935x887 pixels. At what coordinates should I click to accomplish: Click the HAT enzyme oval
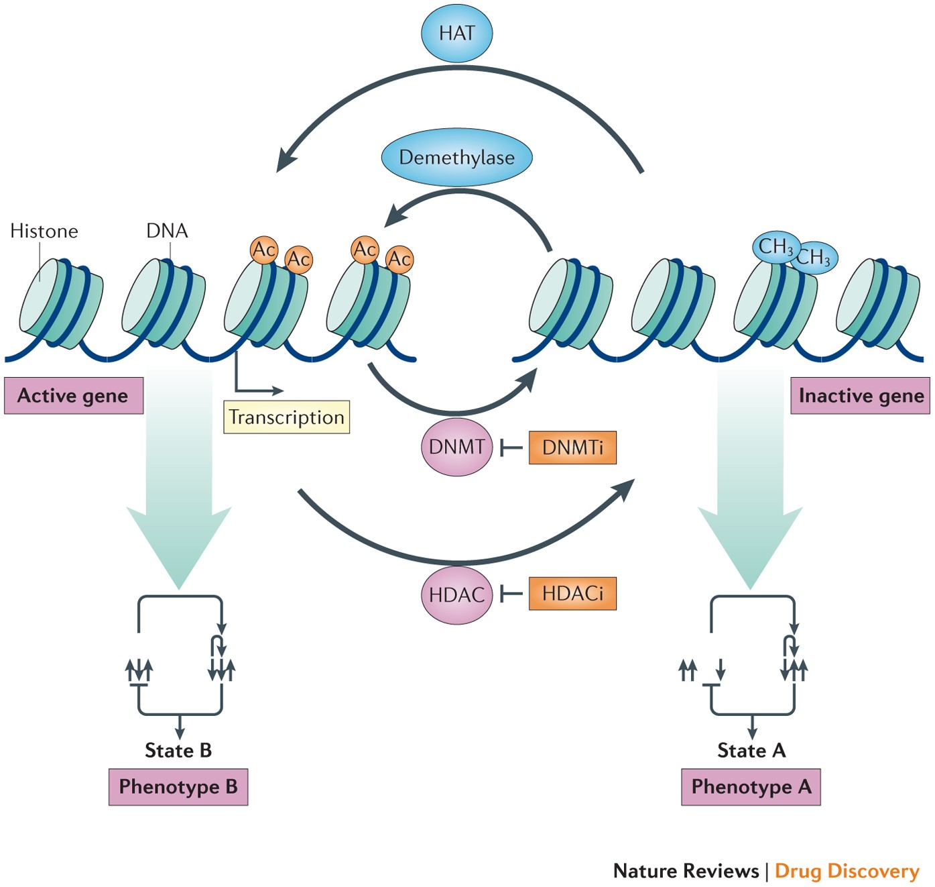[x=456, y=33]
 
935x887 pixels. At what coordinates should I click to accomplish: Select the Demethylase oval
[x=456, y=157]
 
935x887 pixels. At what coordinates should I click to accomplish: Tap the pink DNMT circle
[x=456, y=447]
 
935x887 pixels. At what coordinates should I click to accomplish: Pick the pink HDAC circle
[x=456, y=594]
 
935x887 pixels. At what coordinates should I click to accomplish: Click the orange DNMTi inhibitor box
[x=572, y=447]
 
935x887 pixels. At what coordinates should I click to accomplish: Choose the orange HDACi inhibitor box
[x=572, y=593]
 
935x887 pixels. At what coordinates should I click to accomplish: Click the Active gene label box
[x=74, y=396]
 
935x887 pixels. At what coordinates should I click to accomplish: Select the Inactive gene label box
[x=861, y=396]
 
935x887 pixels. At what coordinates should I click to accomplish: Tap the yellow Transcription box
[x=287, y=417]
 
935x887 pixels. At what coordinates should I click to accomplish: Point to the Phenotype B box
[x=178, y=787]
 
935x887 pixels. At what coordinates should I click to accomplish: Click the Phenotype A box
[x=751, y=787]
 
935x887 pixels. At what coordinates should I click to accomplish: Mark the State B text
[x=178, y=750]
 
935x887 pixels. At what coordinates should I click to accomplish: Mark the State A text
[x=751, y=750]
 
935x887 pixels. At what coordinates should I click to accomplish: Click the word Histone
[x=44, y=231]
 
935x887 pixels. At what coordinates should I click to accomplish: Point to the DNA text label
[x=167, y=231]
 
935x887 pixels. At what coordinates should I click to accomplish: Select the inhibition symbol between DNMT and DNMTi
[x=511, y=448]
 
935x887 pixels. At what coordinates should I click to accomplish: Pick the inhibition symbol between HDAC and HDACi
[x=511, y=594]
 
